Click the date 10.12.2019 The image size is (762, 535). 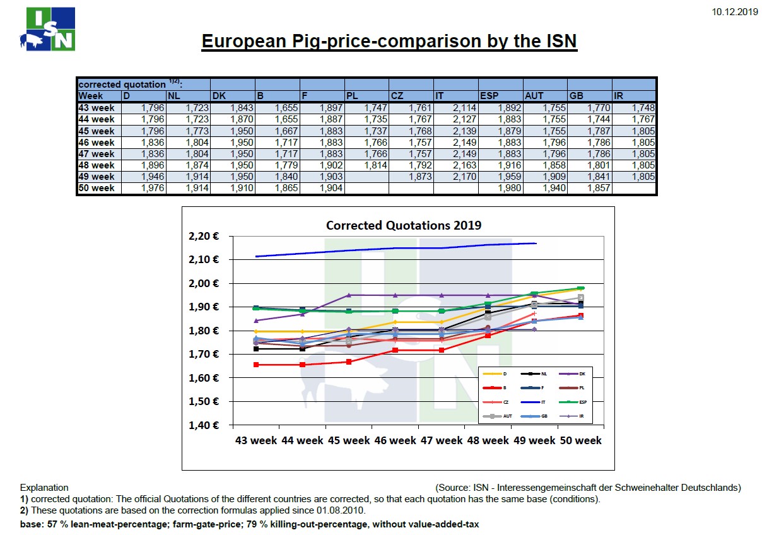[734, 11]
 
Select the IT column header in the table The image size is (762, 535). [440, 96]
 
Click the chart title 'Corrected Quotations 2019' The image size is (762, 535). [403, 225]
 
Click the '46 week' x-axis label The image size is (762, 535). [394, 440]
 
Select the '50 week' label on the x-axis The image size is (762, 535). [580, 440]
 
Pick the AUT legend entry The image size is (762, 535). [498, 416]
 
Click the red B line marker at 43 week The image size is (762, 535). [255, 365]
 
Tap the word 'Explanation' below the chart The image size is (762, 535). [44, 488]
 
